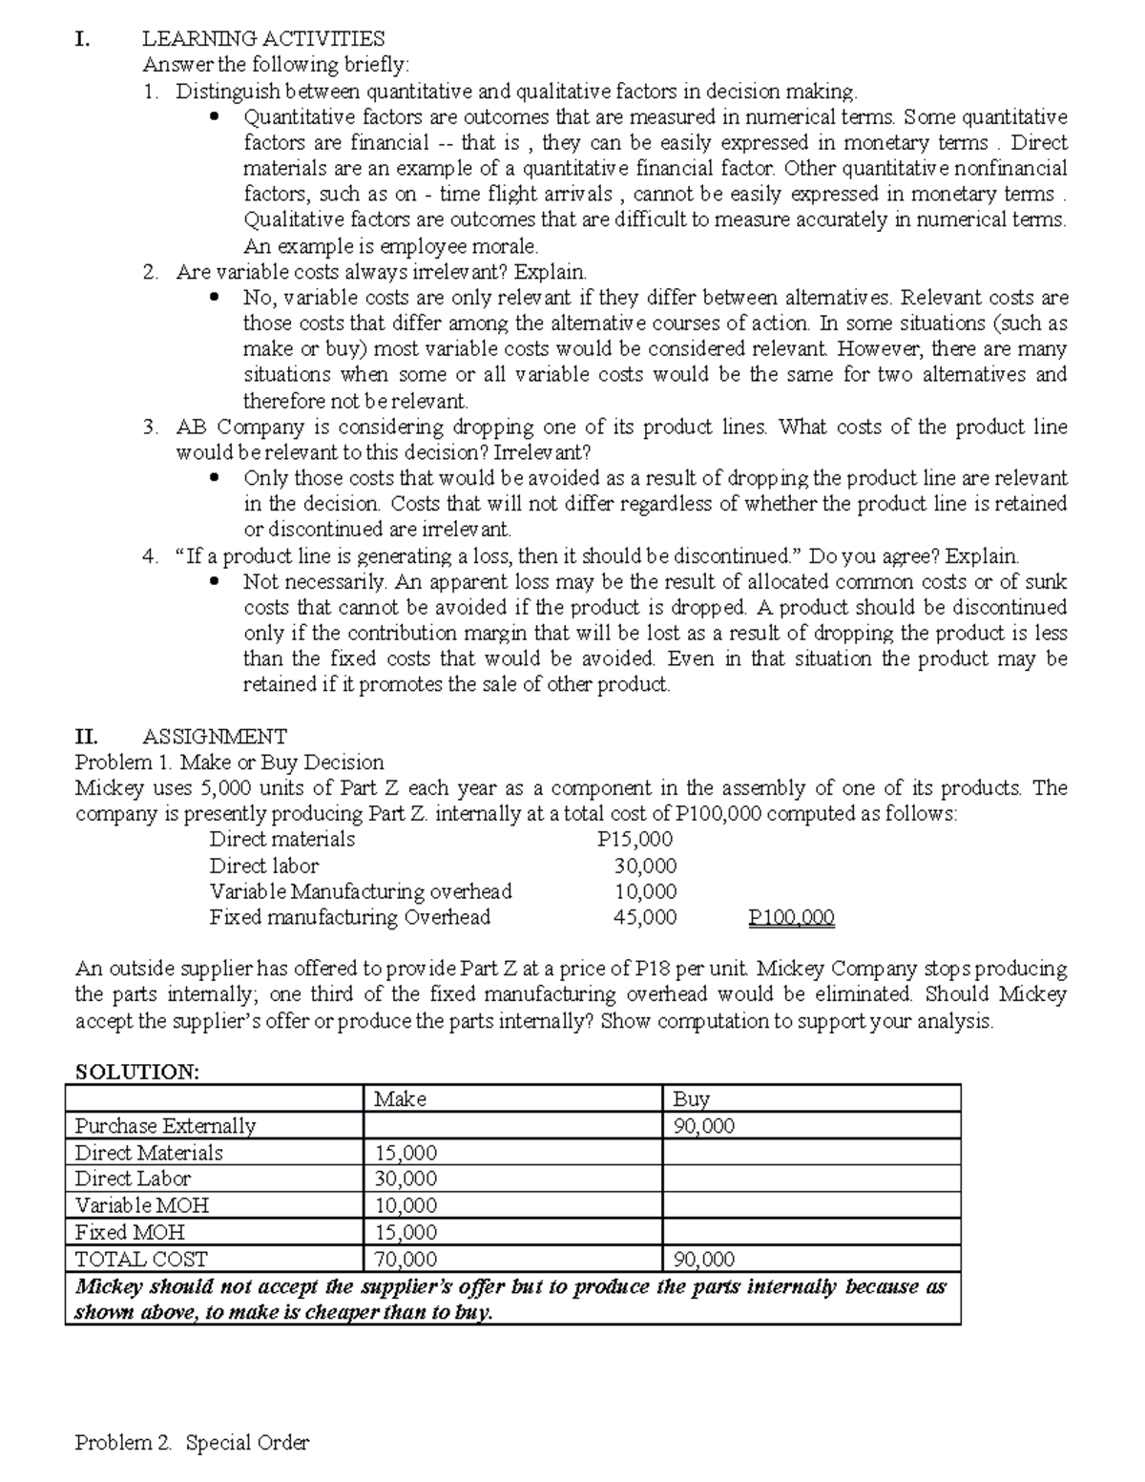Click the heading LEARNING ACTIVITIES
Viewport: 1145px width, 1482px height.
click(263, 39)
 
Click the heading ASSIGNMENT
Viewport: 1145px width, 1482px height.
click(214, 737)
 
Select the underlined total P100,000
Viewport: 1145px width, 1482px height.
click(791, 918)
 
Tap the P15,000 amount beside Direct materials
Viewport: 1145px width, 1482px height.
click(635, 840)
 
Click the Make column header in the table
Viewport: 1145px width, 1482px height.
click(401, 1099)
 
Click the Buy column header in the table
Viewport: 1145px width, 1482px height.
click(691, 1099)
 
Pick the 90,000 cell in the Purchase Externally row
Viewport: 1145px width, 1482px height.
click(704, 1126)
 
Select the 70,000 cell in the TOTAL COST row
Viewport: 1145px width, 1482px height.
click(406, 1260)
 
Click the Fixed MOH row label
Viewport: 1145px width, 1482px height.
click(130, 1232)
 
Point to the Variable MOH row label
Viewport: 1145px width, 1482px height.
click(142, 1205)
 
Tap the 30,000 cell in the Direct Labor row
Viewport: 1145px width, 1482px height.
click(406, 1179)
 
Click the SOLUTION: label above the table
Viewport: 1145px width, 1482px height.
click(137, 1072)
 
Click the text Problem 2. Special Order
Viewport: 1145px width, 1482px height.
click(192, 1443)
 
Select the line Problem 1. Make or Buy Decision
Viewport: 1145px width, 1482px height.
click(229, 762)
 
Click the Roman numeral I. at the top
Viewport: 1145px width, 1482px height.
click(83, 39)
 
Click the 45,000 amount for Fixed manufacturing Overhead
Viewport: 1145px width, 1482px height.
click(645, 918)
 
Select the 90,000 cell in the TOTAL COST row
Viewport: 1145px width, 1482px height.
click(704, 1260)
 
